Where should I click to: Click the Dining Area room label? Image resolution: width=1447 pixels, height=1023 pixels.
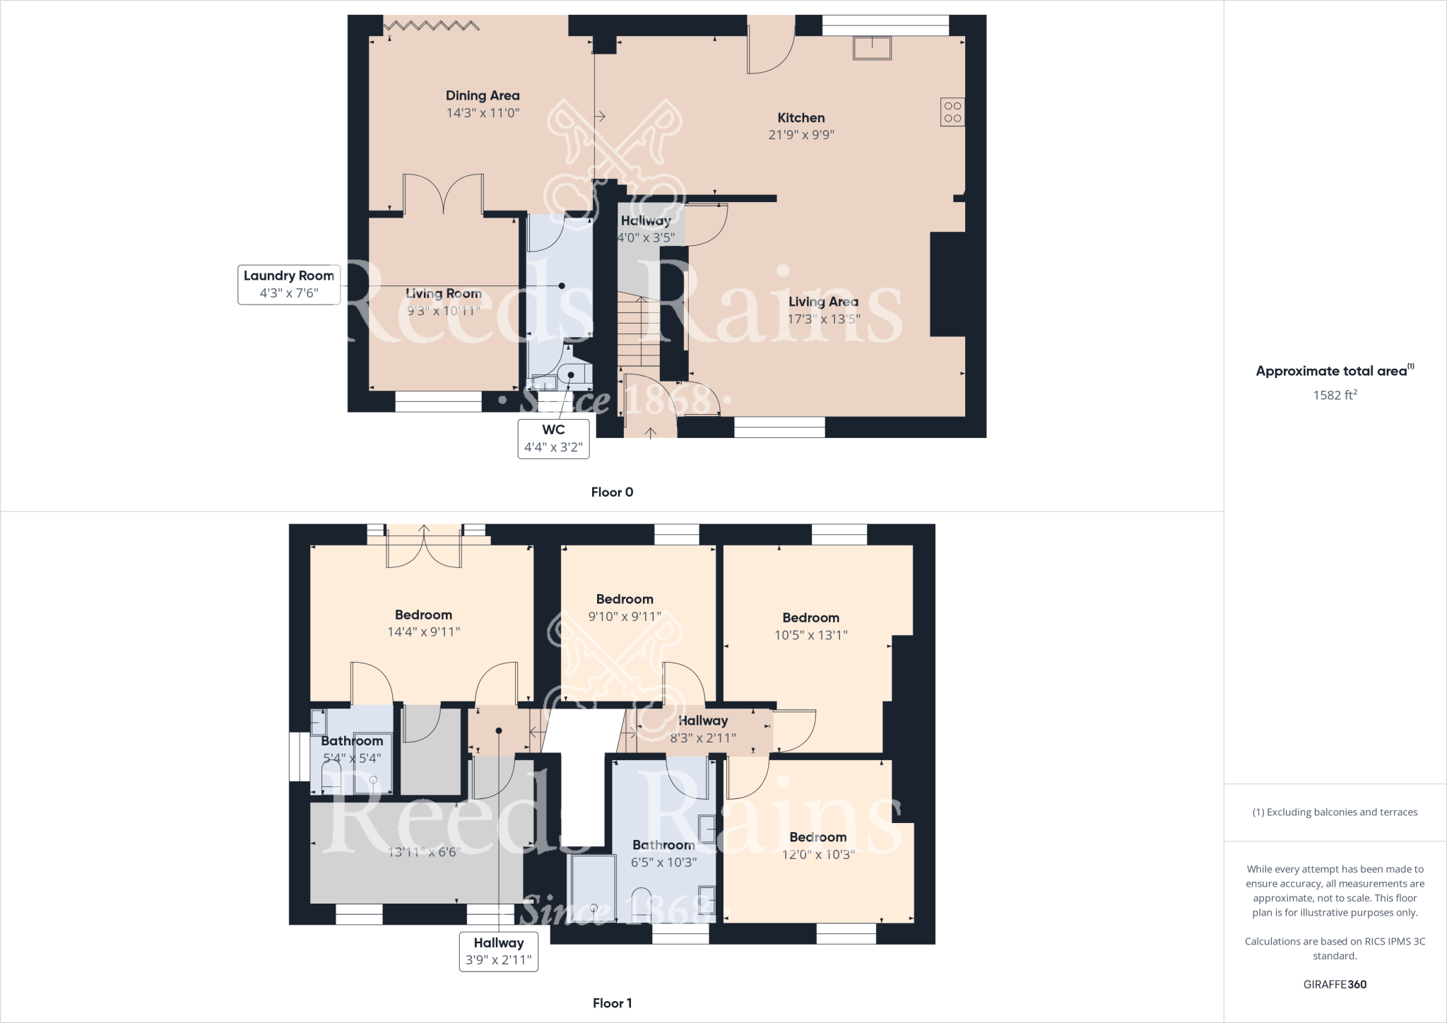click(483, 95)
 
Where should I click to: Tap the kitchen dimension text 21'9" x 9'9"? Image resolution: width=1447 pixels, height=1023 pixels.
click(801, 135)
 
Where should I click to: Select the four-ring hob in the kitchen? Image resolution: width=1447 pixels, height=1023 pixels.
click(952, 112)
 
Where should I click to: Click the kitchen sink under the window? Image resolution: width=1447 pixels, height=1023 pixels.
click(873, 48)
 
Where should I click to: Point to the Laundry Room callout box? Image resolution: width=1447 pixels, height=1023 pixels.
click(289, 284)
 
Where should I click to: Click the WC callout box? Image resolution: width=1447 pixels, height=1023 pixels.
click(553, 439)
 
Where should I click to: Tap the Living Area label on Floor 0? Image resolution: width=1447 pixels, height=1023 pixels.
click(823, 302)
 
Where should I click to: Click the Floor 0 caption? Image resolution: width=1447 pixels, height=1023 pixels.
click(612, 492)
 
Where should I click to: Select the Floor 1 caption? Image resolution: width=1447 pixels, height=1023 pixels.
click(612, 1003)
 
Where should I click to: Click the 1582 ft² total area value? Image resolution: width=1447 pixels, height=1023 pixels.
click(1335, 395)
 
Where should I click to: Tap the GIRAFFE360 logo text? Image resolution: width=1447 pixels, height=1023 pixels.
click(1335, 984)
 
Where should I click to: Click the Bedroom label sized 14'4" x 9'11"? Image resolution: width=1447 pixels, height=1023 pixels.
click(423, 615)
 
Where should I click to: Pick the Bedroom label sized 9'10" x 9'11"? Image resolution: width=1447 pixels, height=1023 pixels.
click(625, 600)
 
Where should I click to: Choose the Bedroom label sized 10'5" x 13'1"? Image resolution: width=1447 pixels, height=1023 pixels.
click(810, 618)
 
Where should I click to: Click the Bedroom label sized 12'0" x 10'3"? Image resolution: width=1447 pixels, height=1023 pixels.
click(817, 837)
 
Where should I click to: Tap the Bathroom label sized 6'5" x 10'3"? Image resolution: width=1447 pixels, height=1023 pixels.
click(663, 845)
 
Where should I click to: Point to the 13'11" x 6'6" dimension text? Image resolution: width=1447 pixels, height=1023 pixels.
click(424, 852)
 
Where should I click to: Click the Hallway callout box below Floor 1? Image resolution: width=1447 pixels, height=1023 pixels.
click(499, 951)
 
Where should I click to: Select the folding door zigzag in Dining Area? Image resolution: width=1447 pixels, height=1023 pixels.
click(432, 26)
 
